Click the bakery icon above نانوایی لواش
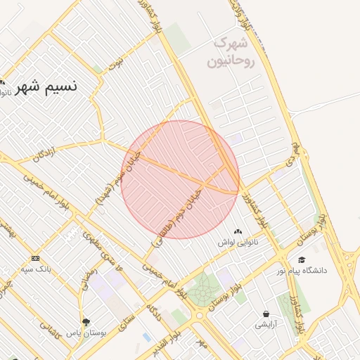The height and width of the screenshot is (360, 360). (x=237, y=231)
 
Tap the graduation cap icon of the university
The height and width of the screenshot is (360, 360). (x=302, y=259)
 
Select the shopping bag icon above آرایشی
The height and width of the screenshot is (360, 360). (x=266, y=314)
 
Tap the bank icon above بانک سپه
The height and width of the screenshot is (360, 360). (x=36, y=258)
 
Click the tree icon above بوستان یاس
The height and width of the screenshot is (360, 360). (x=86, y=322)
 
